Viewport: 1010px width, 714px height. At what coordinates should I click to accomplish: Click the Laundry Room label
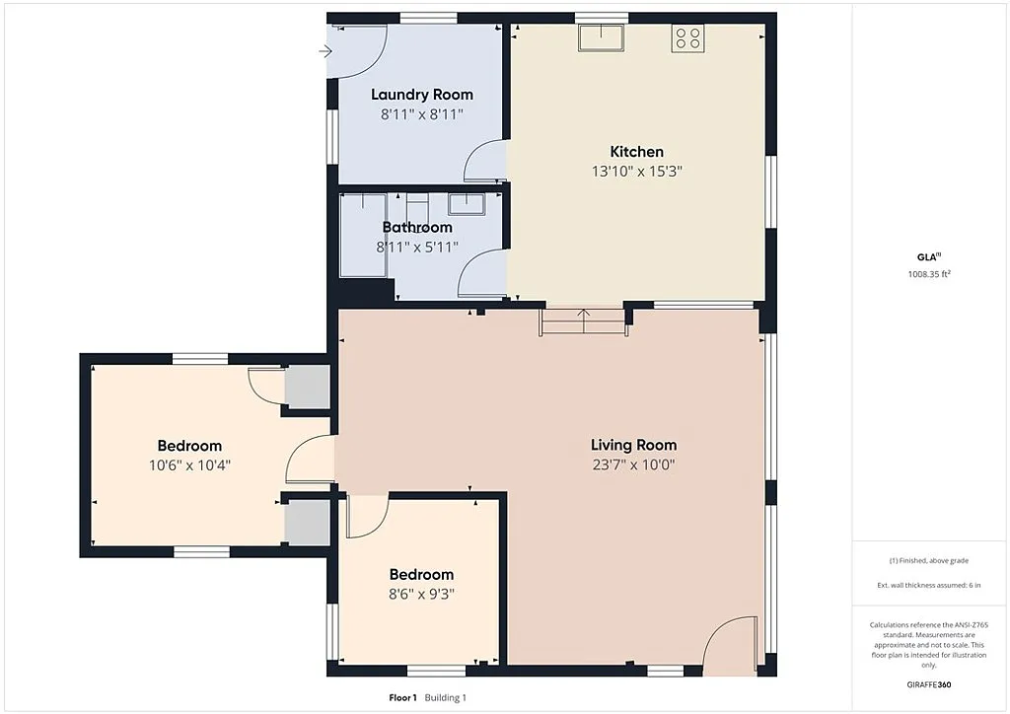click(421, 95)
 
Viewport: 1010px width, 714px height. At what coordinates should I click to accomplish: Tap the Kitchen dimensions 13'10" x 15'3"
click(636, 171)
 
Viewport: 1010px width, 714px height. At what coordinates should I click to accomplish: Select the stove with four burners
click(687, 38)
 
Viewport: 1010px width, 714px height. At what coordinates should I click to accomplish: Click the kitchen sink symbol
click(602, 37)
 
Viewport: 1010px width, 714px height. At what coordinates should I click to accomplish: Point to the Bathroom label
click(417, 227)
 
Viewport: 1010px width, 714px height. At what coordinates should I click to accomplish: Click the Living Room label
click(633, 445)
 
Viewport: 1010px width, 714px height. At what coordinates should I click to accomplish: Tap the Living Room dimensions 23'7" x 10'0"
click(633, 464)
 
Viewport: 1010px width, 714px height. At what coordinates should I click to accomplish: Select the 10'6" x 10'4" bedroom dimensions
click(189, 464)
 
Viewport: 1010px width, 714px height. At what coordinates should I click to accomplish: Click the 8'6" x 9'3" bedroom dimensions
click(421, 594)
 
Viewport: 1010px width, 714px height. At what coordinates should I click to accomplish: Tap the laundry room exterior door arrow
click(326, 52)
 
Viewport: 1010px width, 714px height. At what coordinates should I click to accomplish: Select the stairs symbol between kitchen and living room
click(583, 322)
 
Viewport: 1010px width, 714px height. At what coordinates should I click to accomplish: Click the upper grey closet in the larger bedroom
click(306, 387)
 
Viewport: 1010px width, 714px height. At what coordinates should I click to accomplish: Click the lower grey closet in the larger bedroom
click(306, 522)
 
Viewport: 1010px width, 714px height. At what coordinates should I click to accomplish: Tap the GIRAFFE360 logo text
click(929, 683)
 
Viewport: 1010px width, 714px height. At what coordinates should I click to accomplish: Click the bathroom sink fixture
click(465, 204)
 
